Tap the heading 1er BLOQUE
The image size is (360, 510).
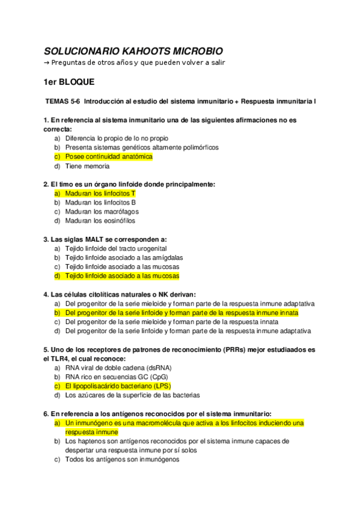(x=69, y=81)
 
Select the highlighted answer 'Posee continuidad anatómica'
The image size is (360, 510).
(x=109, y=156)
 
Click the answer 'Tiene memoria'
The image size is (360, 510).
(x=87, y=166)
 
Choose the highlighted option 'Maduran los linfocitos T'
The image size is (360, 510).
(x=100, y=193)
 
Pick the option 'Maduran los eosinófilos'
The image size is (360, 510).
(x=100, y=221)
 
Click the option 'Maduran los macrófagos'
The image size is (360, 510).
(x=102, y=212)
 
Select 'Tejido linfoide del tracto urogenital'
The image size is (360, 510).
(x=116, y=248)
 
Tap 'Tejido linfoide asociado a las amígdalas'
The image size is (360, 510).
(x=124, y=257)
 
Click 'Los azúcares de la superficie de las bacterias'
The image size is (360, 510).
(x=132, y=395)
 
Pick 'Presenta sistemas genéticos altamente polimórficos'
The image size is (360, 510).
(x=142, y=147)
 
